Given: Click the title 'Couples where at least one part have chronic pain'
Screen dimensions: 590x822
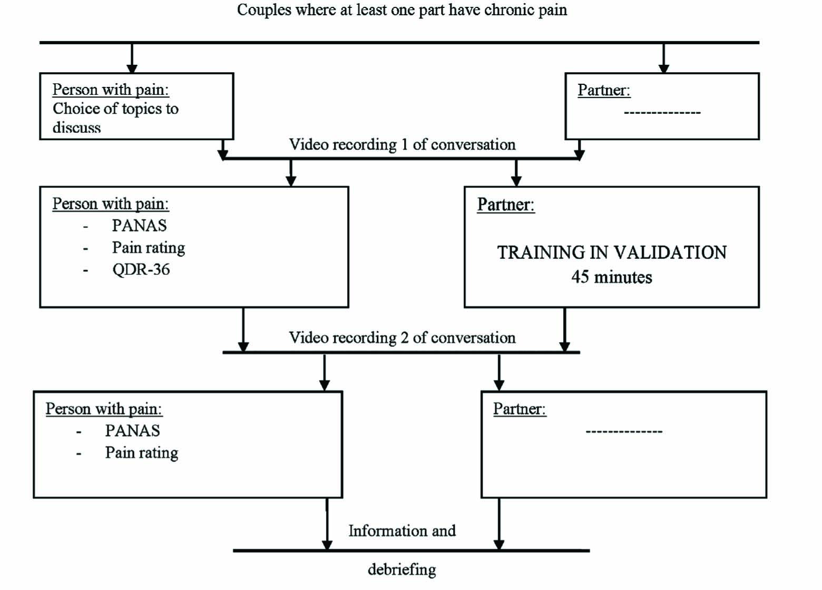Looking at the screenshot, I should [402, 11].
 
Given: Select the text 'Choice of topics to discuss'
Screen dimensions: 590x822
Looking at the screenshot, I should [115, 118].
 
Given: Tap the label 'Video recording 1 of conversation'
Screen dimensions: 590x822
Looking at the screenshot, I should [402, 144].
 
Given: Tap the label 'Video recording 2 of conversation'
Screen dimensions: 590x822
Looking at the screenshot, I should [402, 337].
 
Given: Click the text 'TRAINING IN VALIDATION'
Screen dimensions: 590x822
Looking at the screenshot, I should [612, 253].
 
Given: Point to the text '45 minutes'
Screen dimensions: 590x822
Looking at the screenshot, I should [612, 277].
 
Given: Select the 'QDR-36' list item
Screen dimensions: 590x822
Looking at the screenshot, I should [141, 270].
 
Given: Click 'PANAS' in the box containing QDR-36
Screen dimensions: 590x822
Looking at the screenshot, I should [139, 226].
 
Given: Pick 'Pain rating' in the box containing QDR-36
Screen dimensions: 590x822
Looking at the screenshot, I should [148, 248].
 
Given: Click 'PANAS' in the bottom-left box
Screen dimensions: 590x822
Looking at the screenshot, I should [132, 431].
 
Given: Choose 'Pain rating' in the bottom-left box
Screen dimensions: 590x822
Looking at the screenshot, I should [141, 453].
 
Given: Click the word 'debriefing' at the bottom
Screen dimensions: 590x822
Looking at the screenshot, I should [402, 569].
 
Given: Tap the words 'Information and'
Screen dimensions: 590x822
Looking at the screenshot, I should [402, 531].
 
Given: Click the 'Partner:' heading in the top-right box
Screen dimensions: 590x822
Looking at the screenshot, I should [604, 90].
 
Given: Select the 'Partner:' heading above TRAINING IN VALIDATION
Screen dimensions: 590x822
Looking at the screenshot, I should [506, 205].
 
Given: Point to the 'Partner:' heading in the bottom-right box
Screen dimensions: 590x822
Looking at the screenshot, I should [520, 409].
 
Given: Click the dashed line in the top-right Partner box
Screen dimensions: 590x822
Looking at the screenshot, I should [662, 113].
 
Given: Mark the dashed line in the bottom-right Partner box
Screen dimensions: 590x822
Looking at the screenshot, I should [624, 432].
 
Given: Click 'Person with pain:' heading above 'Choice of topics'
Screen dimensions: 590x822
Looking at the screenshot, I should [111, 90].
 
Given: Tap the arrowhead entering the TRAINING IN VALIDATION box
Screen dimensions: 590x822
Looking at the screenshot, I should [516, 181].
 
